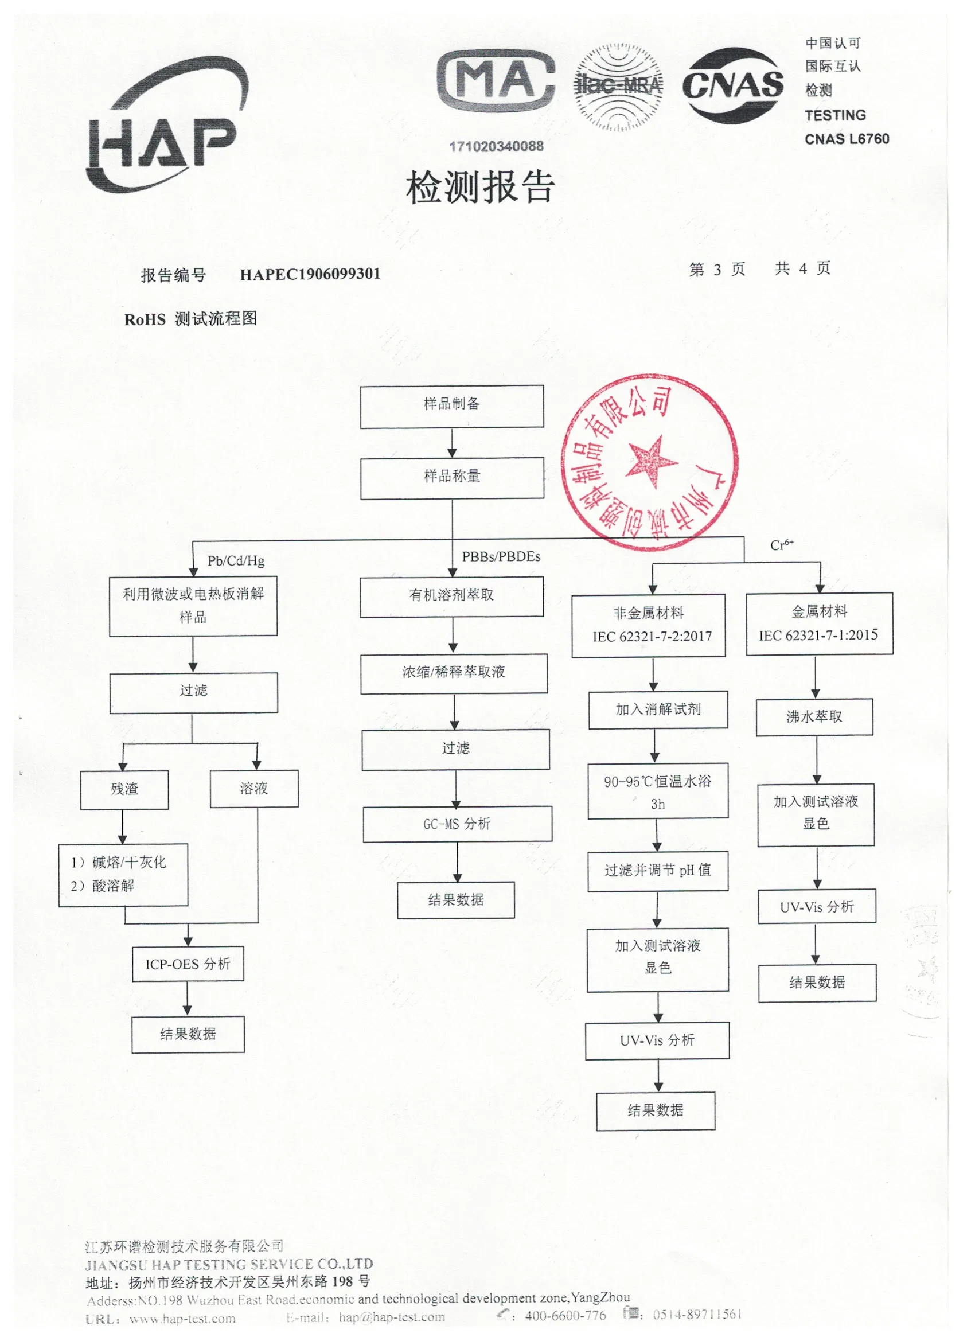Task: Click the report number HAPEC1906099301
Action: pyautogui.click(x=310, y=274)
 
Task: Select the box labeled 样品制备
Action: pyautogui.click(x=452, y=406)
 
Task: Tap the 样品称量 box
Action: pyautogui.click(x=453, y=478)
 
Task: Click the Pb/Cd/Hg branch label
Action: pyautogui.click(x=235, y=560)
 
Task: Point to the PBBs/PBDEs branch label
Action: pyautogui.click(x=501, y=556)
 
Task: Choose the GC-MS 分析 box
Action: pyautogui.click(x=457, y=824)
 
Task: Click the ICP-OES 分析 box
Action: pyautogui.click(x=188, y=964)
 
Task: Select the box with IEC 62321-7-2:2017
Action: pyautogui.click(x=649, y=626)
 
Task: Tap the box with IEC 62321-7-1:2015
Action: pyautogui.click(x=819, y=624)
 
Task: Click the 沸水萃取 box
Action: pyautogui.click(x=814, y=717)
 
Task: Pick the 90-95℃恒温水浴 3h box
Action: pyautogui.click(x=657, y=791)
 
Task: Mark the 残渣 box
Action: pyautogui.click(x=124, y=789)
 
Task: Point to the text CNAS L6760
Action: pyautogui.click(x=847, y=139)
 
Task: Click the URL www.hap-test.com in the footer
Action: pyautogui.click(x=182, y=1319)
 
